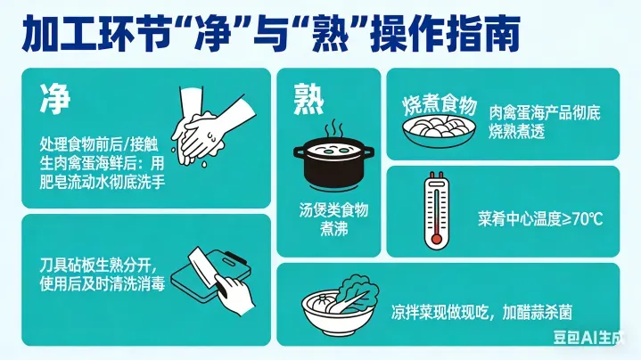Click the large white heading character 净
coord(55,99)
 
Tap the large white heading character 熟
coord(308,99)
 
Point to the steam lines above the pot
coord(334,128)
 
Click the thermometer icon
coord(436,210)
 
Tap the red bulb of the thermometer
coord(437,238)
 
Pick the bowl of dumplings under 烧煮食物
coord(439,128)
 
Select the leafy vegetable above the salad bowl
coord(355,293)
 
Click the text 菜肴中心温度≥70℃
coord(540,219)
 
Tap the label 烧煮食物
coord(440,105)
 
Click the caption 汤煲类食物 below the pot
coord(333,210)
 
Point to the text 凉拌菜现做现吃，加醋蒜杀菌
coord(481,313)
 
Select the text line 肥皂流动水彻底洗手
coord(103,182)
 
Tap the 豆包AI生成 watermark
coord(588,337)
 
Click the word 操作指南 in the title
coord(445,33)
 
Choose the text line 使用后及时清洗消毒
coord(103,283)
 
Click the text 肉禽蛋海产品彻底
coord(545,113)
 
